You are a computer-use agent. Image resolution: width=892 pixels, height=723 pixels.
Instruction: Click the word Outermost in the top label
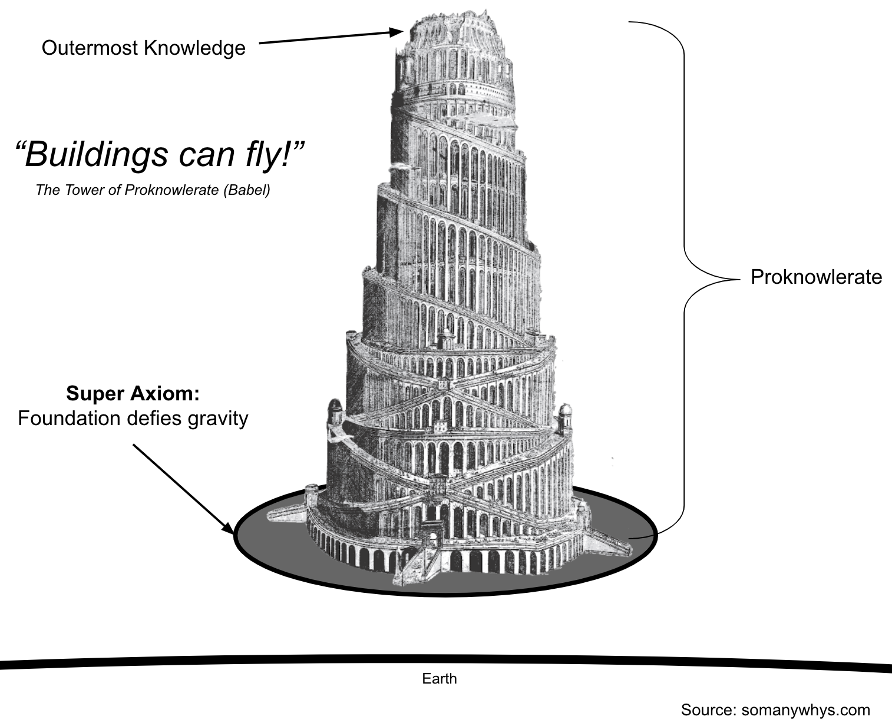coord(90,48)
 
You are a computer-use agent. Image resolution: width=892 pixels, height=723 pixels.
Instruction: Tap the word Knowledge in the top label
coord(195,48)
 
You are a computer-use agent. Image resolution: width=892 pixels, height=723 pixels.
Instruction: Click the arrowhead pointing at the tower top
coord(396,32)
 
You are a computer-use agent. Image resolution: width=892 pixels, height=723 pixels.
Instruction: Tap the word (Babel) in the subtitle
coord(247,190)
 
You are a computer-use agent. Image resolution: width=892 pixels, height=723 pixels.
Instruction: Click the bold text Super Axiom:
coord(133,393)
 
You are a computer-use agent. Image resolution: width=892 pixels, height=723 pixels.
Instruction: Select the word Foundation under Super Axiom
coord(69,418)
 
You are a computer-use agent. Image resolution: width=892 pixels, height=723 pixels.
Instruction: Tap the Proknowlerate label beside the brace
coord(816,277)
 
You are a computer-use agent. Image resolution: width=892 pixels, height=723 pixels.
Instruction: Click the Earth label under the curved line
coord(440,678)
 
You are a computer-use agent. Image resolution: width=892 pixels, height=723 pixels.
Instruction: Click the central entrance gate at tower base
coord(432,540)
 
